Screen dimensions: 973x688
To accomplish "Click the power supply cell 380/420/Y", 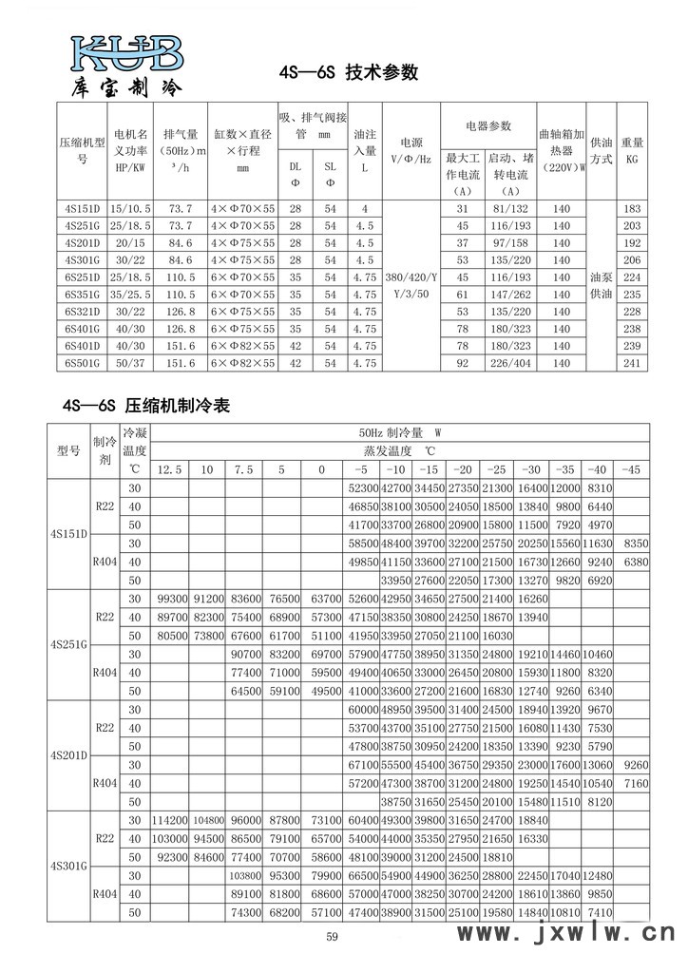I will click(410, 277).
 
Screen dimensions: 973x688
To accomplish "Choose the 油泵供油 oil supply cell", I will click(601, 285).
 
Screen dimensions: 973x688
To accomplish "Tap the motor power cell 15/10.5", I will click(131, 208).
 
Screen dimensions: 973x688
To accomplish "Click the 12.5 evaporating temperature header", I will click(168, 469).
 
